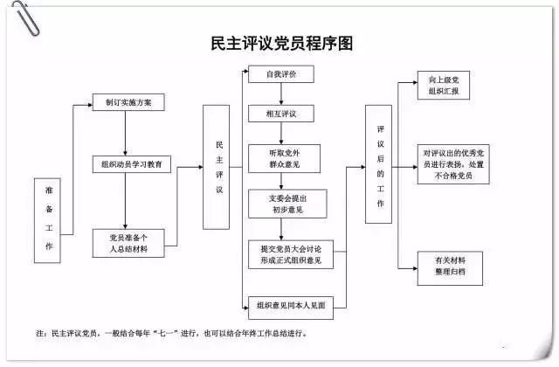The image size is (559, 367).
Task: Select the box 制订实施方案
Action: click(x=128, y=102)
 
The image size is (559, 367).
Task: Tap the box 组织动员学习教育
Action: click(x=132, y=163)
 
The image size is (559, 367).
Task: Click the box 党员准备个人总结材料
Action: click(x=128, y=242)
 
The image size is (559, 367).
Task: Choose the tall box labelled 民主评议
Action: click(x=220, y=167)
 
